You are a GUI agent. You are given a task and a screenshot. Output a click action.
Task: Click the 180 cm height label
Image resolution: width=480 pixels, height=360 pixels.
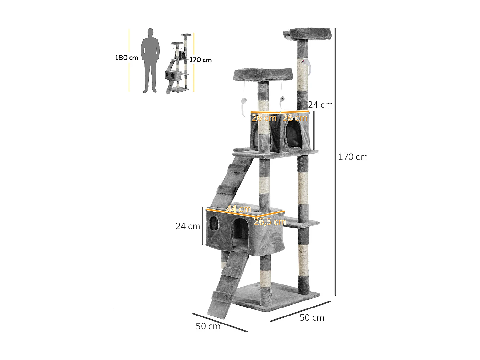[127, 58]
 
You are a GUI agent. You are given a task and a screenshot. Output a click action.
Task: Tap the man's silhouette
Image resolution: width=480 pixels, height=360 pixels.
[150, 60]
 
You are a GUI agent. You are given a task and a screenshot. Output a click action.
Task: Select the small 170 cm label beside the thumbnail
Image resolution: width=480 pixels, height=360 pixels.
[200, 60]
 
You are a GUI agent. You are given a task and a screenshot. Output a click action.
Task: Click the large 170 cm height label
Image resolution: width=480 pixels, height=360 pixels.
[353, 157]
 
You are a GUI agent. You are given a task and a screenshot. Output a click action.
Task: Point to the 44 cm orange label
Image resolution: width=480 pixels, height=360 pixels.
[239, 209]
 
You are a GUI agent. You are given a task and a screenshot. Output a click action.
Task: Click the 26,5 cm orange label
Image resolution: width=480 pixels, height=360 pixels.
[270, 222]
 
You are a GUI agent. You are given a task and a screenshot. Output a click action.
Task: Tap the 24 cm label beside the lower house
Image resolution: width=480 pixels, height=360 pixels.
[188, 226]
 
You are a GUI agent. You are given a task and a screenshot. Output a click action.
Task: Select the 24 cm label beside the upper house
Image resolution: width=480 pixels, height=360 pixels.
[320, 105]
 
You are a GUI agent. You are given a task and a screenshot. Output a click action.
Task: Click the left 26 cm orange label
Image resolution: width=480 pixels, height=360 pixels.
[264, 118]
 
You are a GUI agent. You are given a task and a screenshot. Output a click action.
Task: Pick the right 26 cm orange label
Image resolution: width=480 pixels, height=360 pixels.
[295, 118]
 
